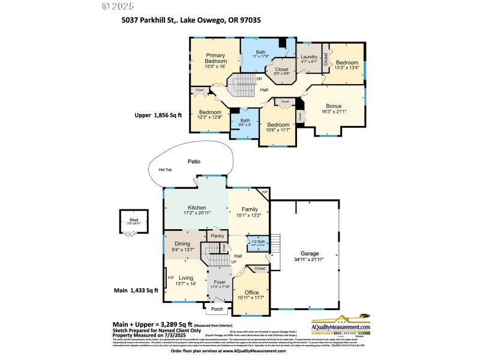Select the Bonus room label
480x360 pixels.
[x=334, y=106]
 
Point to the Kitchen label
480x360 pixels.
[x=197, y=208]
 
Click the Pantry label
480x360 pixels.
[x=217, y=236]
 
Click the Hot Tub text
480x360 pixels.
[x=166, y=170]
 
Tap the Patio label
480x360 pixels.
[x=193, y=161]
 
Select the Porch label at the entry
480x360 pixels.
[x=217, y=310]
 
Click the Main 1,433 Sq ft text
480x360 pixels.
[x=136, y=290]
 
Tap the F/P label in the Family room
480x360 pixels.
[x=264, y=192]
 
